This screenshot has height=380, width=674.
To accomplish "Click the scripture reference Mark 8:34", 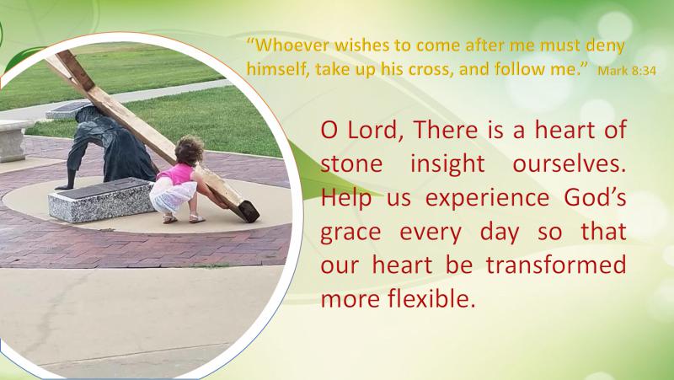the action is pos(627,71).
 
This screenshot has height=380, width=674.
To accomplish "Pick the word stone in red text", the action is pos(351,163).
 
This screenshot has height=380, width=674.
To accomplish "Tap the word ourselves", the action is pos(570,163).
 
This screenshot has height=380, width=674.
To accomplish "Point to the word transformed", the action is pos(556,265).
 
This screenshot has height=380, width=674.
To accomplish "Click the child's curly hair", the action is pos(189,150).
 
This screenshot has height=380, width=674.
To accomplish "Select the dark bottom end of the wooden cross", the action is pos(249,211).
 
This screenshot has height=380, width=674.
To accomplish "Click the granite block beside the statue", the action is pos(101,199).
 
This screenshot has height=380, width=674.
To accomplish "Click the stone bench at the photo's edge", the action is pos(13,141).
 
